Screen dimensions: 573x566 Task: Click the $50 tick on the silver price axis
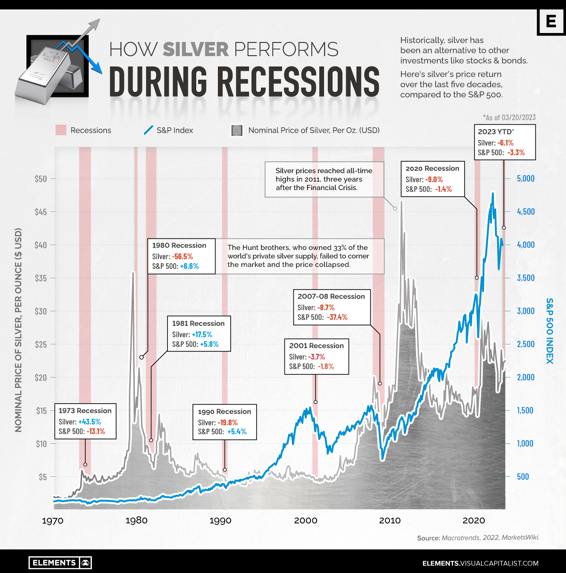(41, 179)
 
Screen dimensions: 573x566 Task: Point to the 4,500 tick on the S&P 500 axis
(526, 212)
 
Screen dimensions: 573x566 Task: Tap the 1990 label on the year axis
(220, 521)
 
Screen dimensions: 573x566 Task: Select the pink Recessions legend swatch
(61, 130)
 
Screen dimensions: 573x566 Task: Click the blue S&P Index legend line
(149, 130)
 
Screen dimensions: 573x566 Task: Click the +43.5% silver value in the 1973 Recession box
(89, 422)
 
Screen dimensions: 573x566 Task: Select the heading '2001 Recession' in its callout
(316, 346)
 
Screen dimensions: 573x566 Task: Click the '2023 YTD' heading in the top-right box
(495, 132)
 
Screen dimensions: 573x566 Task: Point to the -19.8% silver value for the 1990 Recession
(227, 423)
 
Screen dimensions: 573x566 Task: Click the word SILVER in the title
(195, 50)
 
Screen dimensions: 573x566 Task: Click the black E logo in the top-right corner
(551, 22)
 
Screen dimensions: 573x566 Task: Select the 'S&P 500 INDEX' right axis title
(549, 331)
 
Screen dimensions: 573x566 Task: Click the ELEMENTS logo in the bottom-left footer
(60, 563)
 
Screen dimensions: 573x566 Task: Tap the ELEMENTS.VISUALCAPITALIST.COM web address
(480, 563)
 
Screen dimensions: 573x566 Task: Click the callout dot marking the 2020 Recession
(477, 278)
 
